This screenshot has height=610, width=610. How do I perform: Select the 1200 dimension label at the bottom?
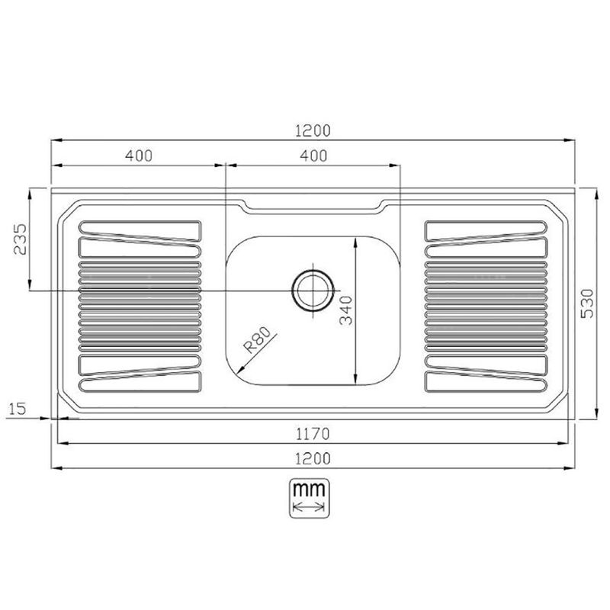pyautogui.click(x=313, y=458)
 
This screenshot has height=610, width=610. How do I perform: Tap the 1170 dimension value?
pyautogui.click(x=313, y=435)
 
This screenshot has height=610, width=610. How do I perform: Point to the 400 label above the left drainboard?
pyautogui.click(x=139, y=156)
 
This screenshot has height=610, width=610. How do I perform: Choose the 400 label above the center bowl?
pyautogui.click(x=313, y=156)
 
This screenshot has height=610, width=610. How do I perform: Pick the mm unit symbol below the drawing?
pyautogui.click(x=310, y=496)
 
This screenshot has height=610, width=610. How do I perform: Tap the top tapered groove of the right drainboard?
pyautogui.click(x=486, y=230)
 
